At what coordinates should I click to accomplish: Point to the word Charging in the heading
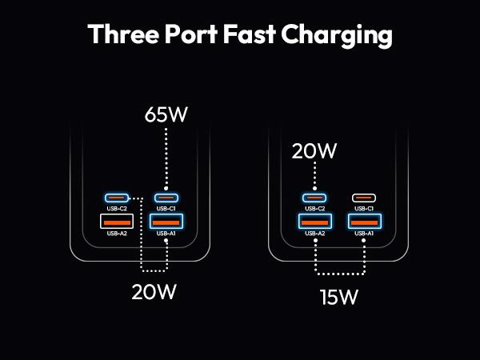pos(349,36)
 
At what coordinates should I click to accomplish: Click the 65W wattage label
pos(166,114)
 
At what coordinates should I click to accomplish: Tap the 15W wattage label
pos(339,298)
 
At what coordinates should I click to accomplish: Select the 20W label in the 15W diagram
pos(315,150)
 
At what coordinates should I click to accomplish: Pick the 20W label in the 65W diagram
pos(154,292)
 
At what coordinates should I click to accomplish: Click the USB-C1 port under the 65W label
pos(166,198)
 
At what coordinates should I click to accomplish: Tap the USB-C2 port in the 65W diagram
pos(117,198)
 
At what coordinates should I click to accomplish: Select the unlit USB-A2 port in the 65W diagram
pos(117,221)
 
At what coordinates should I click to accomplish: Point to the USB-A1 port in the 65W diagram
pos(166,221)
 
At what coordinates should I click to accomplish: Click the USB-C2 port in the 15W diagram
pos(315,198)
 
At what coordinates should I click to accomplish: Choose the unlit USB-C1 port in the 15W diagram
pos(364,198)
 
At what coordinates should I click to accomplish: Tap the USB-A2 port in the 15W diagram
pos(315,221)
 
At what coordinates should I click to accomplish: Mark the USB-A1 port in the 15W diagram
pos(364,221)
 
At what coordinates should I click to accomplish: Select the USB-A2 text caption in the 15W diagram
pos(315,234)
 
